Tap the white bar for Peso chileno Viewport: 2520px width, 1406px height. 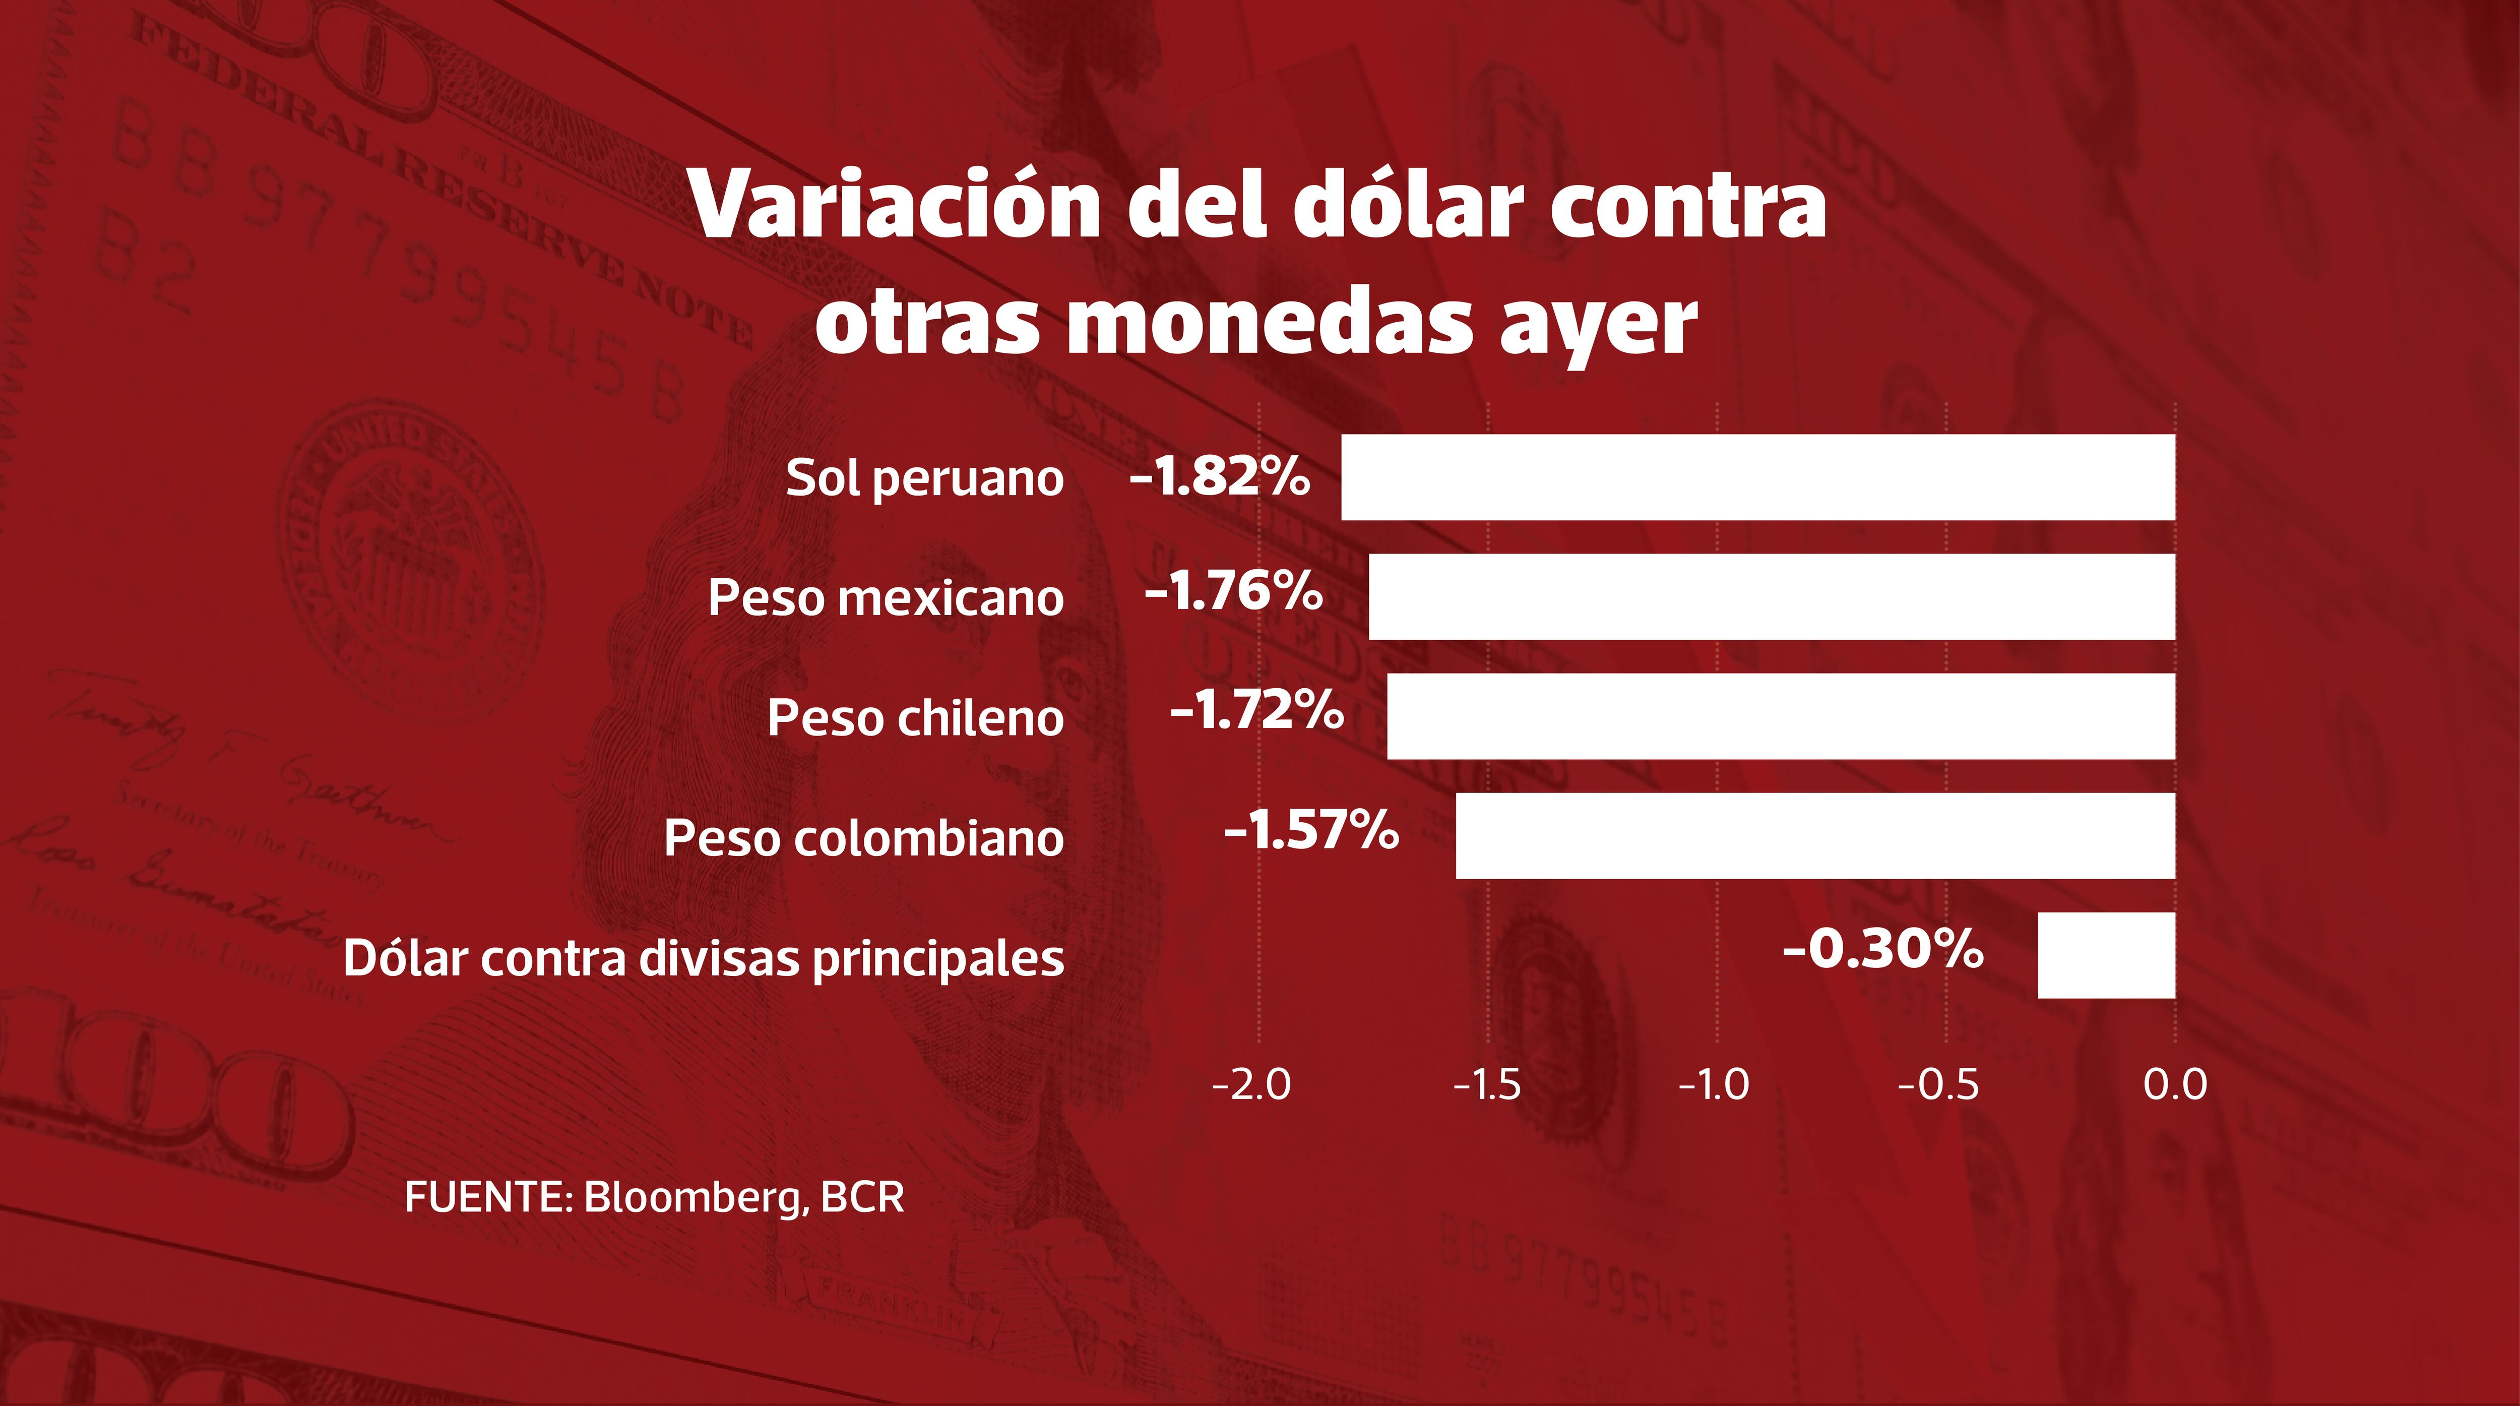pos(1781,716)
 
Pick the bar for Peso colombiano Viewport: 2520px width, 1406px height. pos(1815,835)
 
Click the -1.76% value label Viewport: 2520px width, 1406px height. pos(1234,592)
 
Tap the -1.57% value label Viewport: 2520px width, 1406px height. pos(1311,831)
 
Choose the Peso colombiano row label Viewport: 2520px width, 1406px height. pos(864,838)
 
